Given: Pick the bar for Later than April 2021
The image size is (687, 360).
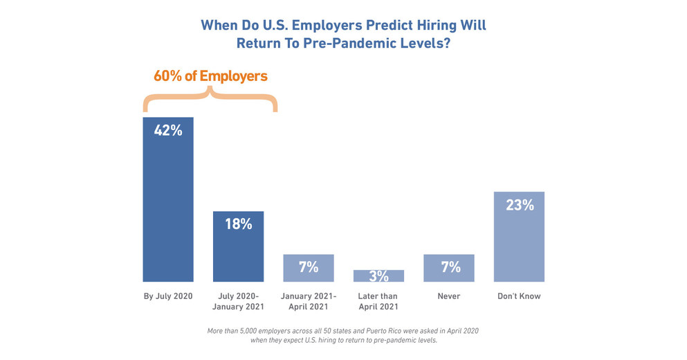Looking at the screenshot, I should click(x=378, y=276).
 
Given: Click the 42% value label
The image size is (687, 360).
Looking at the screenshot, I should click(x=167, y=129).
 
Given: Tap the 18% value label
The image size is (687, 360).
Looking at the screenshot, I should click(x=238, y=224).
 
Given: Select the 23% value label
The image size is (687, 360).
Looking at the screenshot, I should click(x=519, y=205).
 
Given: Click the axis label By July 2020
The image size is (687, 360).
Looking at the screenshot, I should click(x=167, y=296).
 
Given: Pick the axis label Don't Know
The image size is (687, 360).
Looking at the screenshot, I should click(x=519, y=296).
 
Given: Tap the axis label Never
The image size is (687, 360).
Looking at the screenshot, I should click(x=449, y=296).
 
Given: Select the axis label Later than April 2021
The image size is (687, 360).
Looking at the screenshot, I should click(x=378, y=301).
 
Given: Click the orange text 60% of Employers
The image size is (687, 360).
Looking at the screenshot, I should click(x=210, y=76).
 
